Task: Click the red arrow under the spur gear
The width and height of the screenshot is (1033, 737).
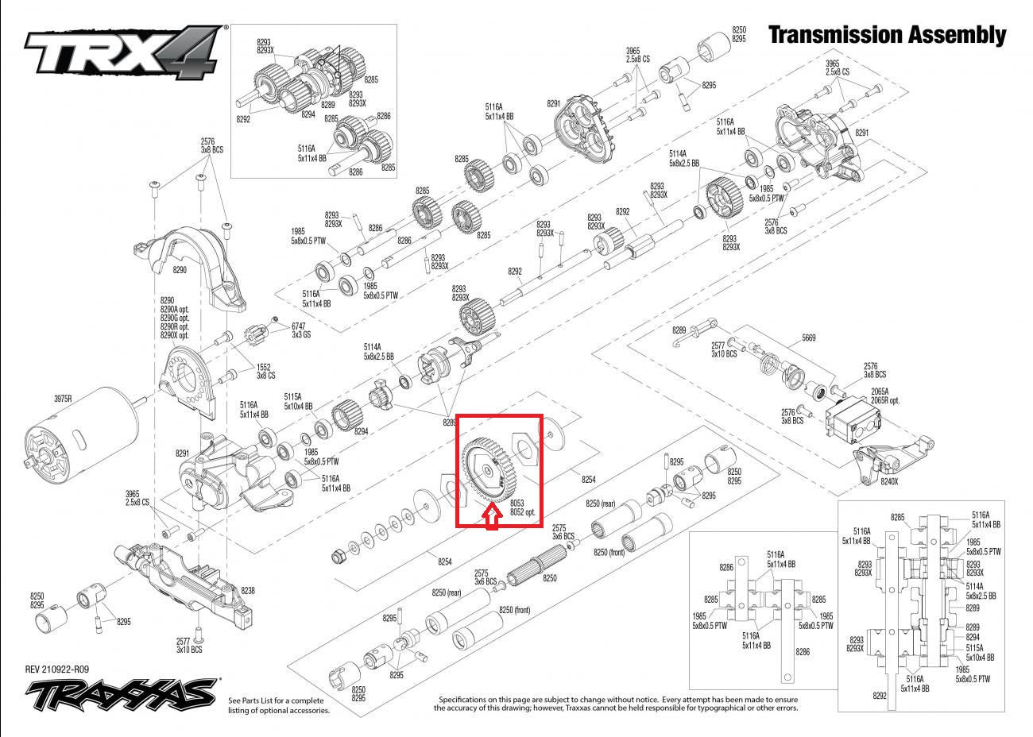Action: click(x=492, y=517)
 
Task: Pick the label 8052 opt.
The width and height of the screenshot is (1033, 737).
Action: click(x=522, y=513)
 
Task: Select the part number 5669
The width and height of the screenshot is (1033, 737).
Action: click(x=808, y=338)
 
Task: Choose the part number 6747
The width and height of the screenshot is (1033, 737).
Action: click(x=298, y=326)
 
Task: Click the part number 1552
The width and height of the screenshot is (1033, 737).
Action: click(x=264, y=366)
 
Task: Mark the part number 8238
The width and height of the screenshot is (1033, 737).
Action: click(x=247, y=591)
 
